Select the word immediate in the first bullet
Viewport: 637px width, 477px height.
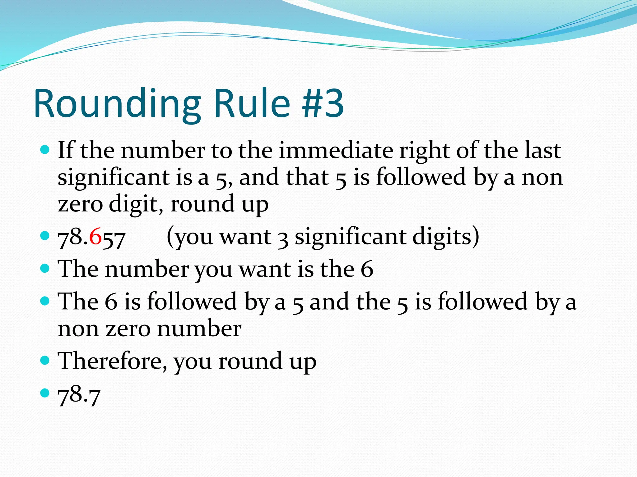point(336,151)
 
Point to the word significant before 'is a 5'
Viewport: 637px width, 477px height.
point(114,177)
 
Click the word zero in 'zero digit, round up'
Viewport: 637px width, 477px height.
point(80,204)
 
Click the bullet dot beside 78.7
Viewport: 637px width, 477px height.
point(45,393)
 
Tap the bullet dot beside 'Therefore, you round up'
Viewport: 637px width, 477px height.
point(45,360)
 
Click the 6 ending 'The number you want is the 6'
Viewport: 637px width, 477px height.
point(367,269)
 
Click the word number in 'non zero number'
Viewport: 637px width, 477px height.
point(199,329)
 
